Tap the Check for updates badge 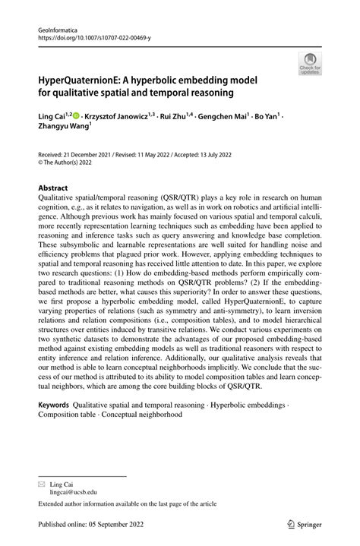point(309,64)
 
